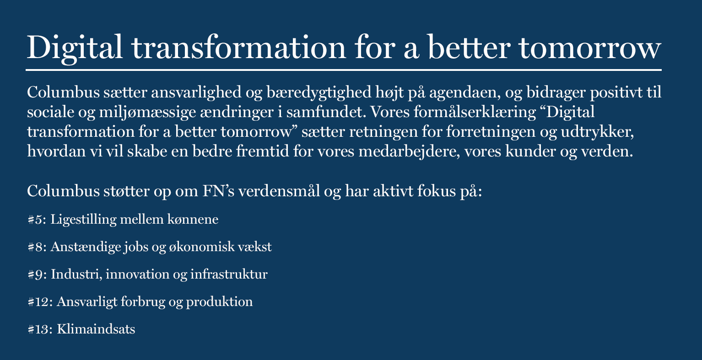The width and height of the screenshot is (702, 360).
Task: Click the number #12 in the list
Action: pos(40,302)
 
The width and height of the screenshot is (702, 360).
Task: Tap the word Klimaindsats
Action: pos(96,330)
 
